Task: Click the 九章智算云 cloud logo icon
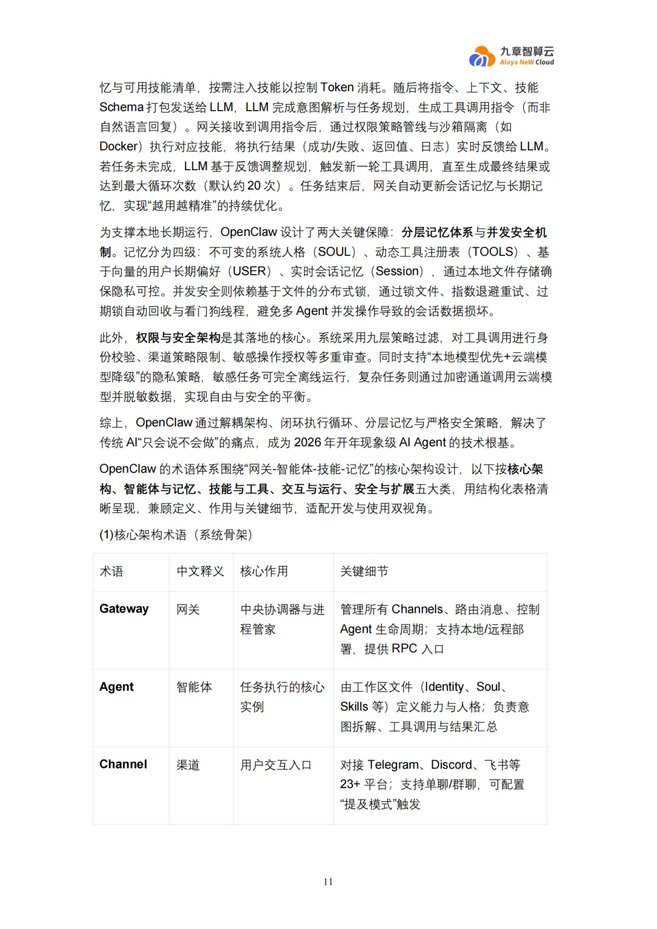point(482,57)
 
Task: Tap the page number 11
point(328,882)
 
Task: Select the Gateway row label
point(124,609)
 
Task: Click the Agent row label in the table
point(116,686)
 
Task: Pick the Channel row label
point(123,764)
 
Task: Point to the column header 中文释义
point(200,572)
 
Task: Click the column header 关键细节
point(364,572)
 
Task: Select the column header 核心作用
point(264,572)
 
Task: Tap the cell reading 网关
point(188,609)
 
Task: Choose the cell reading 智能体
point(194,687)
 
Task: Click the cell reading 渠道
point(188,765)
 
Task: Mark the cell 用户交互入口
point(276,765)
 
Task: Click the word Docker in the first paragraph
point(119,147)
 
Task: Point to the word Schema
point(121,108)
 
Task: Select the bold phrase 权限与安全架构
point(178,338)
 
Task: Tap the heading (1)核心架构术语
point(175,535)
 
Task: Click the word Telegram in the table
point(393,765)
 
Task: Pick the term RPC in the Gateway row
point(404,649)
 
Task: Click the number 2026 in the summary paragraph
point(307,443)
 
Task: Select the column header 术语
point(111,572)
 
